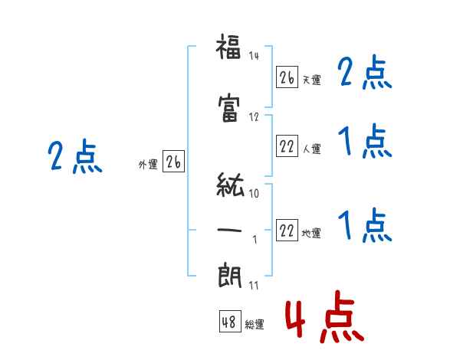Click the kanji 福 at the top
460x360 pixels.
click(x=228, y=46)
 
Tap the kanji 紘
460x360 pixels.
click(x=230, y=185)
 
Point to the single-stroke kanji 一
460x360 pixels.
click(x=229, y=230)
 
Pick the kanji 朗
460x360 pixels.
click(x=229, y=276)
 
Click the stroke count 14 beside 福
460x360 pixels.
click(x=254, y=55)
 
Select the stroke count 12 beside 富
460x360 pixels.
click(x=254, y=117)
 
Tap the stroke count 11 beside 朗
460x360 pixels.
click(x=254, y=285)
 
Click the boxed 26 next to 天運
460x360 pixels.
click(x=287, y=77)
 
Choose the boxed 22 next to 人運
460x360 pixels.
click(x=287, y=146)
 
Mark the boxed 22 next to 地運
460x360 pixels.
click(x=287, y=230)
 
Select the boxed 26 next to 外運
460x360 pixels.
click(x=173, y=162)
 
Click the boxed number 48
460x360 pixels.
click(x=230, y=321)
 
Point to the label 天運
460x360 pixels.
click(x=311, y=80)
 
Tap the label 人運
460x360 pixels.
click(x=311, y=149)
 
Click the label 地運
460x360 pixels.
click(x=311, y=233)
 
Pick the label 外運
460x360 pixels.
click(x=148, y=164)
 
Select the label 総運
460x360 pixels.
click(x=255, y=324)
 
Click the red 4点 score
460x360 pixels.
click(x=325, y=316)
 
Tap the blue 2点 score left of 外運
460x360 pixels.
click(x=75, y=156)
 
